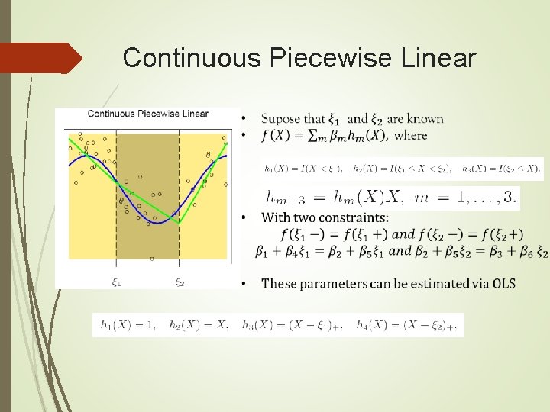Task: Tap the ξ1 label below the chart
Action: coord(116,282)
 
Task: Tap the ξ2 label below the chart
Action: coord(180,282)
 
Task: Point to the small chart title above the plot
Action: coord(148,114)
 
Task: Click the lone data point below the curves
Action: coord(151,259)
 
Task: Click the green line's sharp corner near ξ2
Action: coord(180,223)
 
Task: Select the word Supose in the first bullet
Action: coord(282,119)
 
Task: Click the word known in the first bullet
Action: coord(425,119)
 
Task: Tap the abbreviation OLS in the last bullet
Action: coord(503,284)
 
